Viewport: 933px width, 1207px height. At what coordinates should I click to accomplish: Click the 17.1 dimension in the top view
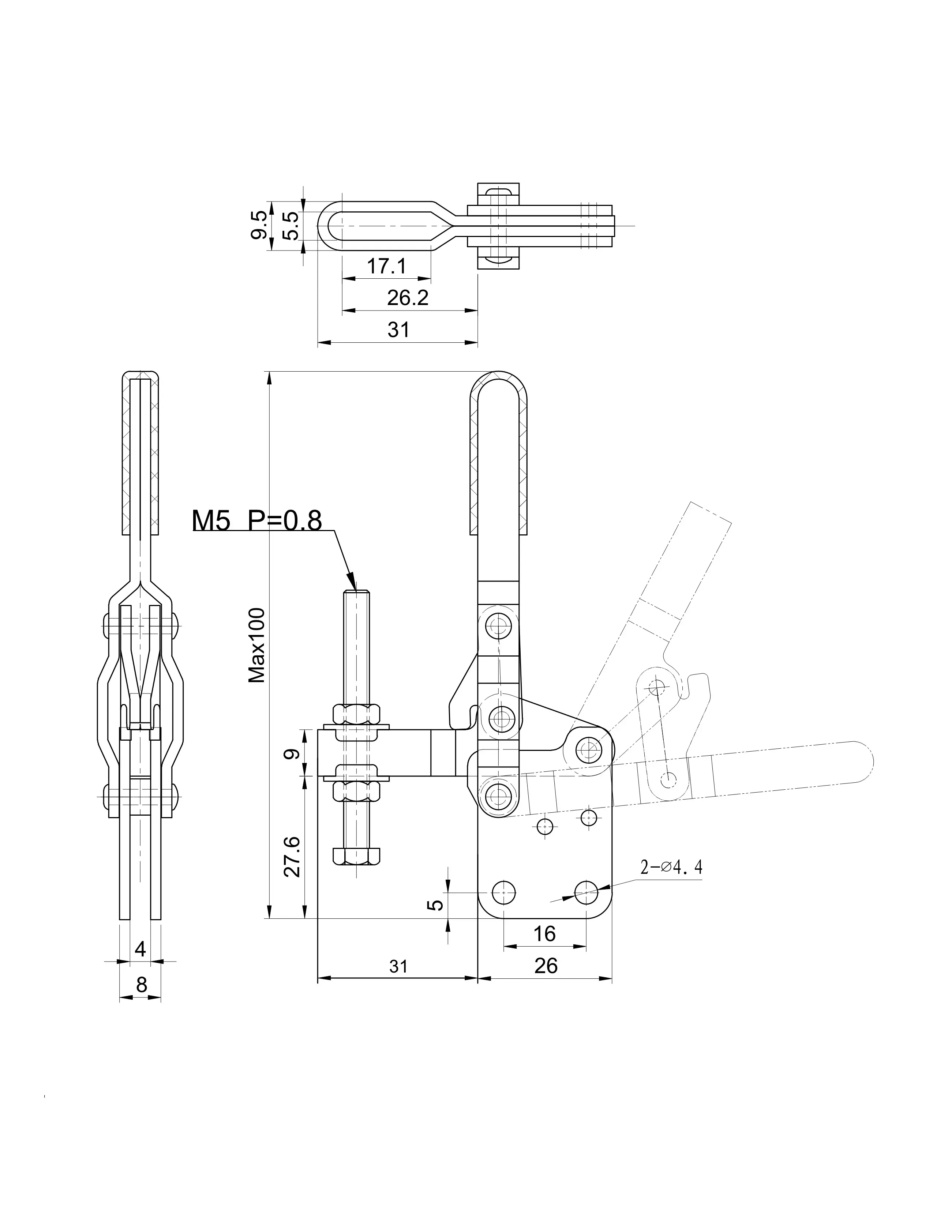[x=387, y=266]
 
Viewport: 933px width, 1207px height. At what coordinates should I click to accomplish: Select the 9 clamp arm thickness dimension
[x=293, y=753]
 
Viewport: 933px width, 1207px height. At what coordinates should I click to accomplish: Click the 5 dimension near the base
[x=436, y=905]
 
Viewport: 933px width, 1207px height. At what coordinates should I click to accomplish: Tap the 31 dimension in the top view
[x=398, y=330]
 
